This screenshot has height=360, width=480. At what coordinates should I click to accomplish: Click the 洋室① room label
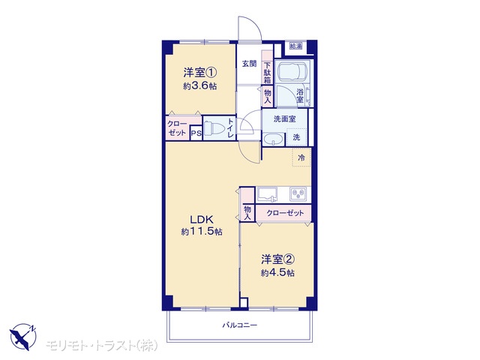coord(200,73)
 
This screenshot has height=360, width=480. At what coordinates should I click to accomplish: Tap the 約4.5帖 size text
coord(277,272)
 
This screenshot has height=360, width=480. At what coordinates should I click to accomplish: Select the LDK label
coord(202,220)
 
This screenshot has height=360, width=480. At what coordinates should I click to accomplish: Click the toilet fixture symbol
coord(214,128)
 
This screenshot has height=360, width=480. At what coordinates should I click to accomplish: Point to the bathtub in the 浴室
coord(292,72)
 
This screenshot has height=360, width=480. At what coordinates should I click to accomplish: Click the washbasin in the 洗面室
coord(274,140)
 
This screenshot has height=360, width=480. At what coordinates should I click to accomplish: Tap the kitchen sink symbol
coord(267,194)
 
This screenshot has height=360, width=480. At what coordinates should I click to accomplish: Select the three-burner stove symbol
coord(298,193)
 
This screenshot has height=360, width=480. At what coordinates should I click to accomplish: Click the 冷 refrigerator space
coord(301,157)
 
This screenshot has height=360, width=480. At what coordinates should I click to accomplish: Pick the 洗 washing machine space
coord(296,137)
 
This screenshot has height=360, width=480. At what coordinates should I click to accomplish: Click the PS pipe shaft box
coord(196,133)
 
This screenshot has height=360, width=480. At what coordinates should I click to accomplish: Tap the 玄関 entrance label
coord(250,64)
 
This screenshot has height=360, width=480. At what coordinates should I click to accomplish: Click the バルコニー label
coord(240,325)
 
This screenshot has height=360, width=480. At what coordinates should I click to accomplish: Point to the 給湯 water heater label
coord(296,46)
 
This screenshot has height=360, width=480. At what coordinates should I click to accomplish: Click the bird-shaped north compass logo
coord(23,337)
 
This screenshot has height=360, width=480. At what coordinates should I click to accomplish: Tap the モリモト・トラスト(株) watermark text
coord(102,346)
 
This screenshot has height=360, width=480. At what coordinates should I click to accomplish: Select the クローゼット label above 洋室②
coord(285,213)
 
